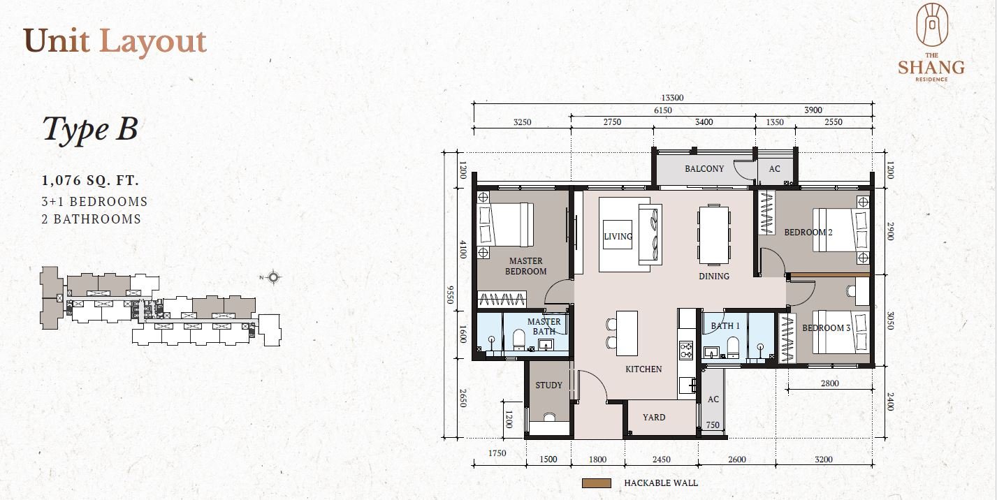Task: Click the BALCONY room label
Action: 704,168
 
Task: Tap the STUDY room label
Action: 548,385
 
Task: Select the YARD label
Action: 654,418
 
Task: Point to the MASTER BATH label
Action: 544,326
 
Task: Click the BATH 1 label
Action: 725,325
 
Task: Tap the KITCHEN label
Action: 643,369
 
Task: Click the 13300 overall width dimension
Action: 672,98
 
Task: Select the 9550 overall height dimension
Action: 450,295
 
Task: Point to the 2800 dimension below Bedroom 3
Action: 829,383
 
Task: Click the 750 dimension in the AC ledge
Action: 713,425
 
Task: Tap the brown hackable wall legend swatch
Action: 597,483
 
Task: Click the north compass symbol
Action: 273,277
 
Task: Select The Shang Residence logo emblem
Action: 932,25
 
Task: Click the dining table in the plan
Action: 713,235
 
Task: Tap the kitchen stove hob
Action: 686,350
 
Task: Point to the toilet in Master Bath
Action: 519,339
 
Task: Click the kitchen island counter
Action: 627,333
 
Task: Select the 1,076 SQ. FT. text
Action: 90,180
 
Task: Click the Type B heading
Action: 90,129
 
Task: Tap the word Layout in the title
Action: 153,42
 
